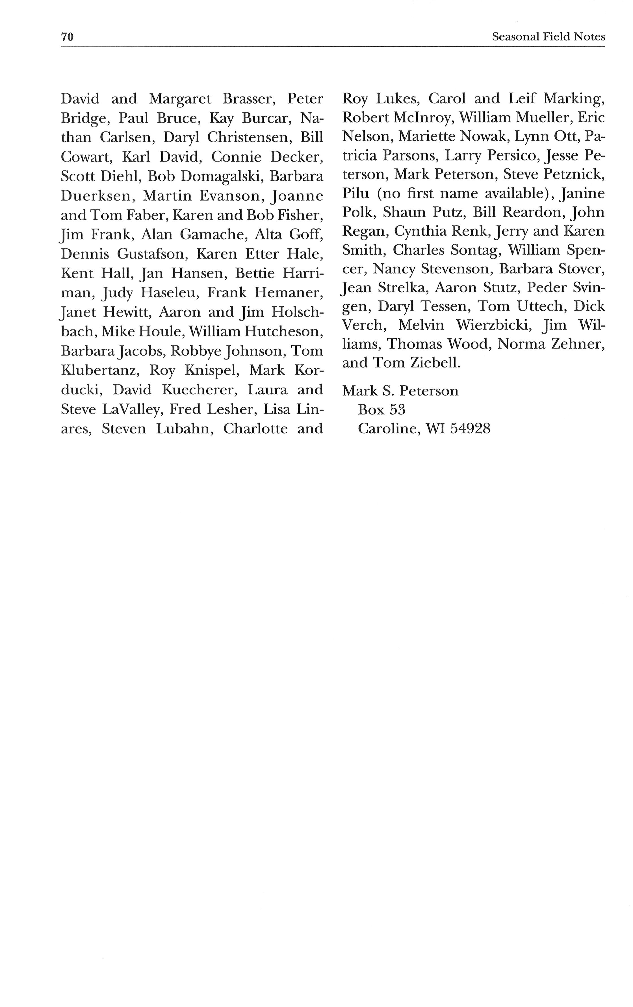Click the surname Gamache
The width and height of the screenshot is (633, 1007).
(x=208, y=234)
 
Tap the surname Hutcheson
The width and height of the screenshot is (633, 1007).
(x=284, y=332)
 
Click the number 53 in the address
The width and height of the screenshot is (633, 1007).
(x=397, y=409)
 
